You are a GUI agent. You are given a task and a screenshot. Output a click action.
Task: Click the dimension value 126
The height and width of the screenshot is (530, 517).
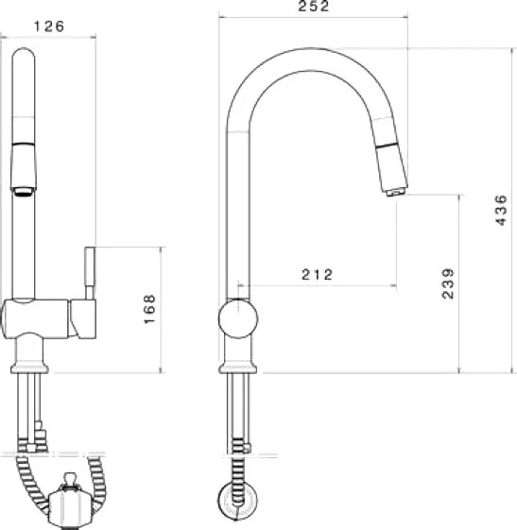(49, 26)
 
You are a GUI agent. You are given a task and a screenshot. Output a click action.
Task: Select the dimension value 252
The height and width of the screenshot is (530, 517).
(314, 6)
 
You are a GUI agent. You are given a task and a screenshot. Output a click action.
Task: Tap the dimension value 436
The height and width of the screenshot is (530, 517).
(501, 210)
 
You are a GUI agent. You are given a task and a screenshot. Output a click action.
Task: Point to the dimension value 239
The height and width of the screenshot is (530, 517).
(448, 283)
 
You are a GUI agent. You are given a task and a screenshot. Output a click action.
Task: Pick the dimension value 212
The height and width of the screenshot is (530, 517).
(317, 275)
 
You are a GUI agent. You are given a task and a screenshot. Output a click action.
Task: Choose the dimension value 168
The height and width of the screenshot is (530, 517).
(149, 309)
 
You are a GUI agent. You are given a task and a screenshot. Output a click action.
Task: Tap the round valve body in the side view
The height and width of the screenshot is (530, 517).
(238, 318)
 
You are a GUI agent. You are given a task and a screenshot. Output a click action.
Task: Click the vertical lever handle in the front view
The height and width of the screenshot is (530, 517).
(90, 273)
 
